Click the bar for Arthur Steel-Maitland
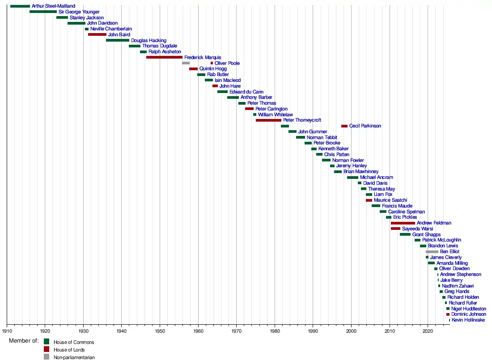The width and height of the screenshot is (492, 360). pyautogui.click(x=20, y=6)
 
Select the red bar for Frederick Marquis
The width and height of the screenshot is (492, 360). pyautogui.click(x=164, y=57)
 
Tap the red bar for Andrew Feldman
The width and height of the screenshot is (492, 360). pyautogui.click(x=403, y=223)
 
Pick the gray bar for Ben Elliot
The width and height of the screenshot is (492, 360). pyautogui.click(x=432, y=252)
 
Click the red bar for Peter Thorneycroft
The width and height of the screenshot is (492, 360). pyautogui.click(x=268, y=120)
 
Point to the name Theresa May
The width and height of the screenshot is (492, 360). pyautogui.click(x=382, y=189)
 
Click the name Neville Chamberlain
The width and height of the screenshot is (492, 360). pyautogui.click(x=111, y=29)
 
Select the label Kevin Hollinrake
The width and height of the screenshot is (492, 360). pyautogui.click(x=468, y=320)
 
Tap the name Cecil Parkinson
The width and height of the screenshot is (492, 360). pyautogui.click(x=365, y=126)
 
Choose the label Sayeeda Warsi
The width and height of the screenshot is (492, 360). pyautogui.click(x=417, y=229)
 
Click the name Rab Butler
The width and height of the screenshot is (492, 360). pyautogui.click(x=218, y=75)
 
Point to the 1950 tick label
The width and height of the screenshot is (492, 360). pyautogui.click(x=160, y=331)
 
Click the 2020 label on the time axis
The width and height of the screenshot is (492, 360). pyautogui.click(x=428, y=331)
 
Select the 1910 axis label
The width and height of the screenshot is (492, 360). pyautogui.click(x=7, y=331)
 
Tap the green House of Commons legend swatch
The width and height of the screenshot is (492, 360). pyautogui.click(x=47, y=342)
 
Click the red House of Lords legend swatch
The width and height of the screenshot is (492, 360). pyautogui.click(x=47, y=349)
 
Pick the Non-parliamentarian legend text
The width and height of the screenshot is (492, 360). pyautogui.click(x=74, y=357)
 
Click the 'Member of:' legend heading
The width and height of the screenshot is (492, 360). pyautogui.click(x=24, y=341)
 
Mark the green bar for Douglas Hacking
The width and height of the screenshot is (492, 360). pyautogui.click(x=118, y=40)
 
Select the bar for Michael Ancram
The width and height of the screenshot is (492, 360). pyautogui.click(x=352, y=178)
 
